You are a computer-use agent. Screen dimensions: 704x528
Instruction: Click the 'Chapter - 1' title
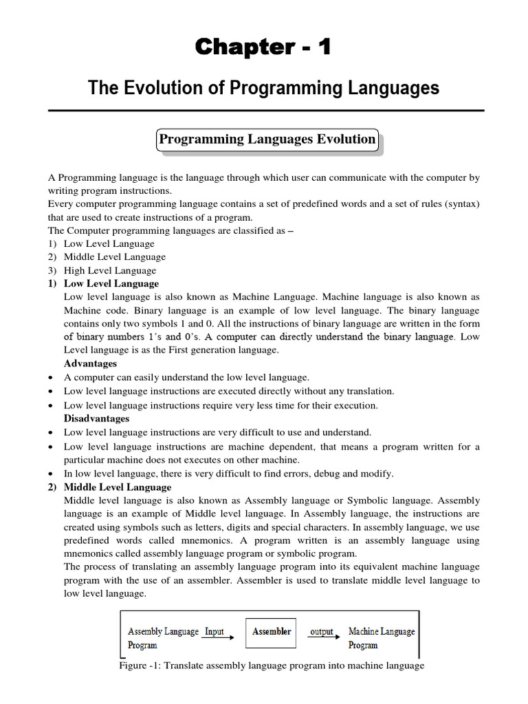click(x=263, y=47)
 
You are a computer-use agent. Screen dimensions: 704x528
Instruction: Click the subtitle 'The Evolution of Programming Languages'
click(x=263, y=88)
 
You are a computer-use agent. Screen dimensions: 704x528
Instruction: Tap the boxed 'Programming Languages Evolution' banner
click(x=267, y=140)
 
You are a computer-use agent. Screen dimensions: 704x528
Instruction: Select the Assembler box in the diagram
click(x=271, y=632)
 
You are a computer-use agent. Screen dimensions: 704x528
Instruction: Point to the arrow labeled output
click(x=323, y=635)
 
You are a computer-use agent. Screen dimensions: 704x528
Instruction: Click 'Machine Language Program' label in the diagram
click(x=381, y=638)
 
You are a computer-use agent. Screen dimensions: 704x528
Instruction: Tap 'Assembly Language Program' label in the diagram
click(x=163, y=638)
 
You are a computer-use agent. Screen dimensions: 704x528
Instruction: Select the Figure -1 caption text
click(x=272, y=665)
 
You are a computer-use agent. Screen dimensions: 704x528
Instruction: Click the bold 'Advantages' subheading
click(x=90, y=364)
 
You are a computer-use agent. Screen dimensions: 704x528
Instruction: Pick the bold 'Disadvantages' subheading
click(x=96, y=419)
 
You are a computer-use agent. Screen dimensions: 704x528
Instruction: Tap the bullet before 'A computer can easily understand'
click(x=52, y=378)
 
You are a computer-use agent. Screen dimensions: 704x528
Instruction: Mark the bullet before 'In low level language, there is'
click(x=52, y=474)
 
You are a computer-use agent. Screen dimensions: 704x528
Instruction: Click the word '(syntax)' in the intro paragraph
click(x=459, y=204)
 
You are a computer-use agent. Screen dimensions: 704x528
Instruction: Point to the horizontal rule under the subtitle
click(x=266, y=111)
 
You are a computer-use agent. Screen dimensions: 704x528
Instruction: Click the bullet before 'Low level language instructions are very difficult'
click(x=52, y=433)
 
